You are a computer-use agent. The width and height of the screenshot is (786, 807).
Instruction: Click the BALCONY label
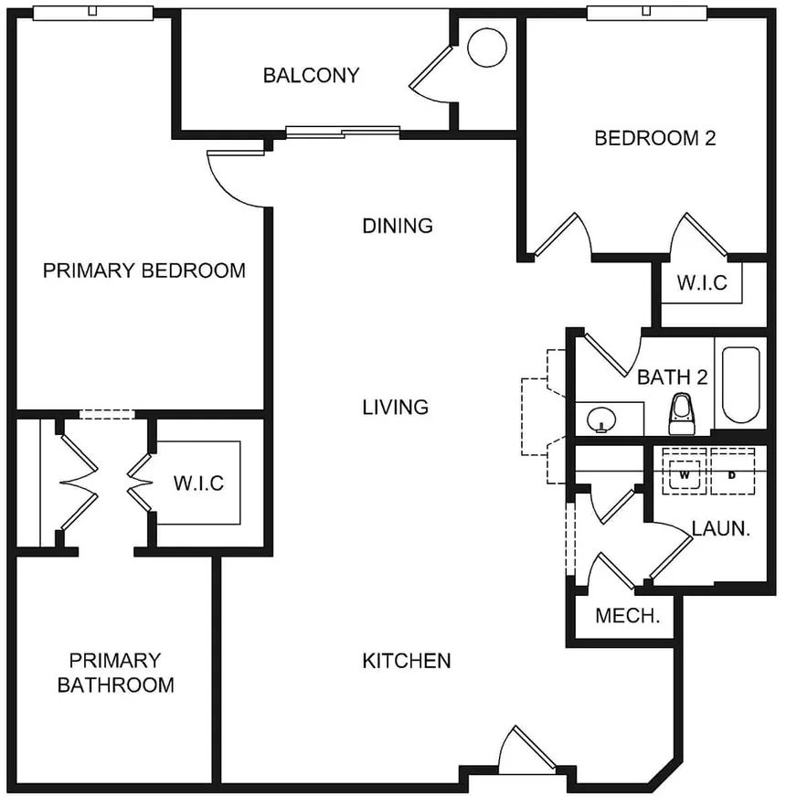[311, 76]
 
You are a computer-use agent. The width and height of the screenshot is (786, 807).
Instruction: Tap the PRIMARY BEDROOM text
[144, 271]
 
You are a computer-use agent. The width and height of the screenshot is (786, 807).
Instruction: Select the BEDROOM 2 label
[655, 138]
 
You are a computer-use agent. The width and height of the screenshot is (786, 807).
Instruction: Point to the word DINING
[398, 226]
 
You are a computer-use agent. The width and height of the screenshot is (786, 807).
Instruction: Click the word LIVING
[396, 407]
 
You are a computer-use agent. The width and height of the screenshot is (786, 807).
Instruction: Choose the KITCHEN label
[407, 661]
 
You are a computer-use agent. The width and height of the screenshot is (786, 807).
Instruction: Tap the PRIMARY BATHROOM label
[115, 673]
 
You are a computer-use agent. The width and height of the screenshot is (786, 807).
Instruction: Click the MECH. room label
[628, 616]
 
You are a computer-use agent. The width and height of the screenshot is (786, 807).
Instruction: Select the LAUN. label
[720, 528]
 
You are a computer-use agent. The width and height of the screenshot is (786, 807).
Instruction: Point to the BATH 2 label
[673, 377]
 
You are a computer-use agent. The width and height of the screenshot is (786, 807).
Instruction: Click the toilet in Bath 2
[682, 414]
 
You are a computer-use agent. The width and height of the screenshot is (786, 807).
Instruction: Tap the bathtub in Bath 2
[740, 385]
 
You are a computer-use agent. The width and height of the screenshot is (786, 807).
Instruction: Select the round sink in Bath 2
[601, 419]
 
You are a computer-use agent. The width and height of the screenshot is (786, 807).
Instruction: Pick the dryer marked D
[732, 472]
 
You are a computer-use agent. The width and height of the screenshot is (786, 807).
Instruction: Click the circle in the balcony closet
[487, 48]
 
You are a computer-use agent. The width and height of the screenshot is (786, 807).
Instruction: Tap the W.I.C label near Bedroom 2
[702, 282]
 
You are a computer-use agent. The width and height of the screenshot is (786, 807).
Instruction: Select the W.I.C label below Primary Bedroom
[198, 483]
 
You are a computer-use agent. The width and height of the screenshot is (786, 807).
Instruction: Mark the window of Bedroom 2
[646, 13]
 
